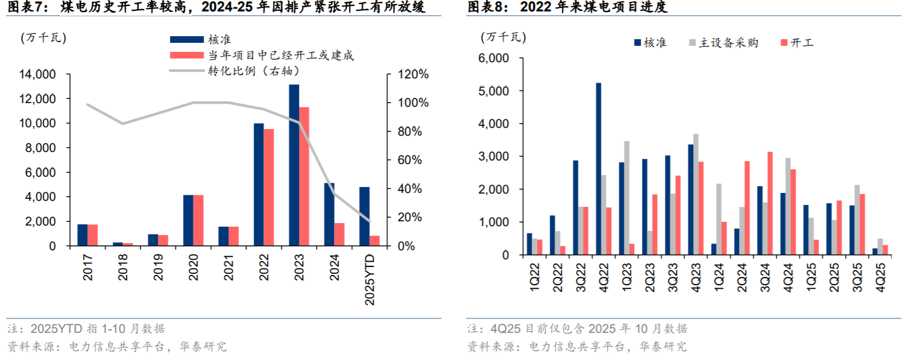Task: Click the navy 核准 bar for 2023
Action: point(294,165)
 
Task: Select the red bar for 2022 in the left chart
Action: point(269,188)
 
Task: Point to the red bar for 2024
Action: point(339,235)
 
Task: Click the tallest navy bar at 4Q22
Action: point(599,169)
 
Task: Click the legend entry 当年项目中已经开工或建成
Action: point(281,55)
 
